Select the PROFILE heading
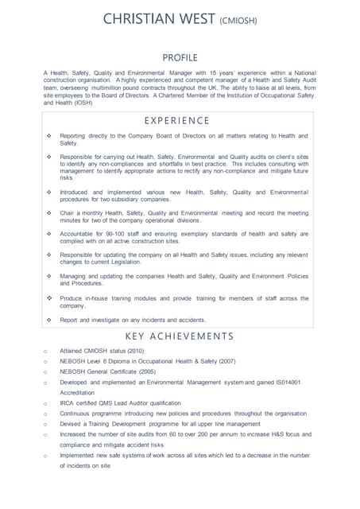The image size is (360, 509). coord(180,57)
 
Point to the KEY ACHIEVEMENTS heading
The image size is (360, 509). coord(180,336)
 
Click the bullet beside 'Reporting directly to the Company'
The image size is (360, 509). coord(49,136)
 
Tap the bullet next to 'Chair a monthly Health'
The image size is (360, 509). coord(49,213)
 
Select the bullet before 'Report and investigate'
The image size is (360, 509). coord(49,320)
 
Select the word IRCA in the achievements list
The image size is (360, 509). coord(68,403)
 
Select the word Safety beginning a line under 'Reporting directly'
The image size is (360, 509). coord(69,143)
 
